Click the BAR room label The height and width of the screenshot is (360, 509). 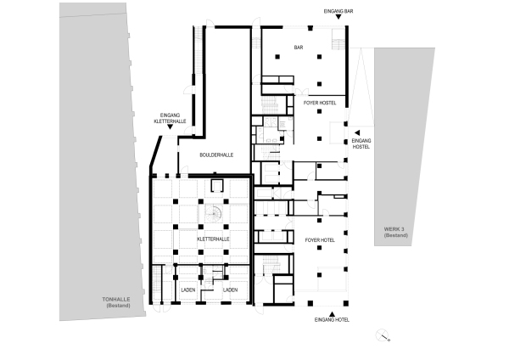(299, 48)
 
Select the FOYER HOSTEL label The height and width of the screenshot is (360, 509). (320, 102)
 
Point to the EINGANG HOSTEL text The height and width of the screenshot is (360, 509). (361, 143)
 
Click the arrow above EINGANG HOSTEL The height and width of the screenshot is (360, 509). (357, 132)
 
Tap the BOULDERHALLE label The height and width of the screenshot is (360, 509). (216, 155)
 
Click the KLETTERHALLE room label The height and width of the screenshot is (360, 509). (214, 239)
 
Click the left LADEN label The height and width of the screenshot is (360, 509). (188, 290)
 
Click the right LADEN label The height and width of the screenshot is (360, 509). (229, 290)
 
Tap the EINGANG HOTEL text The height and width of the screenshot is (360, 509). (331, 320)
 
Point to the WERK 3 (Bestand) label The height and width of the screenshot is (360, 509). (395, 232)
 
